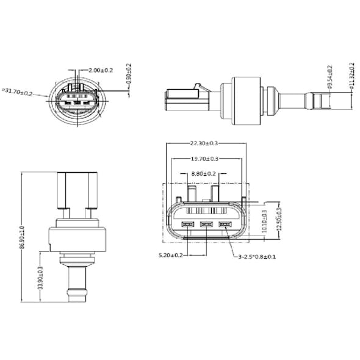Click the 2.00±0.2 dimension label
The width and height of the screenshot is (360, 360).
point(101,70)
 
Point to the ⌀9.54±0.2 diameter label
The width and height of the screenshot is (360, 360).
point(329,76)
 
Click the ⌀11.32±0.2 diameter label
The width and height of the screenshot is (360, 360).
point(352,76)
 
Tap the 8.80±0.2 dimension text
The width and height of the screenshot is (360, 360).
point(203,174)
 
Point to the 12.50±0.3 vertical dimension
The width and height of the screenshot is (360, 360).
point(279,218)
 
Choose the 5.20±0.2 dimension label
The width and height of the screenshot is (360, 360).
point(171,255)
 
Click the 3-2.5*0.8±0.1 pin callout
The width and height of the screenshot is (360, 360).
point(257,257)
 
